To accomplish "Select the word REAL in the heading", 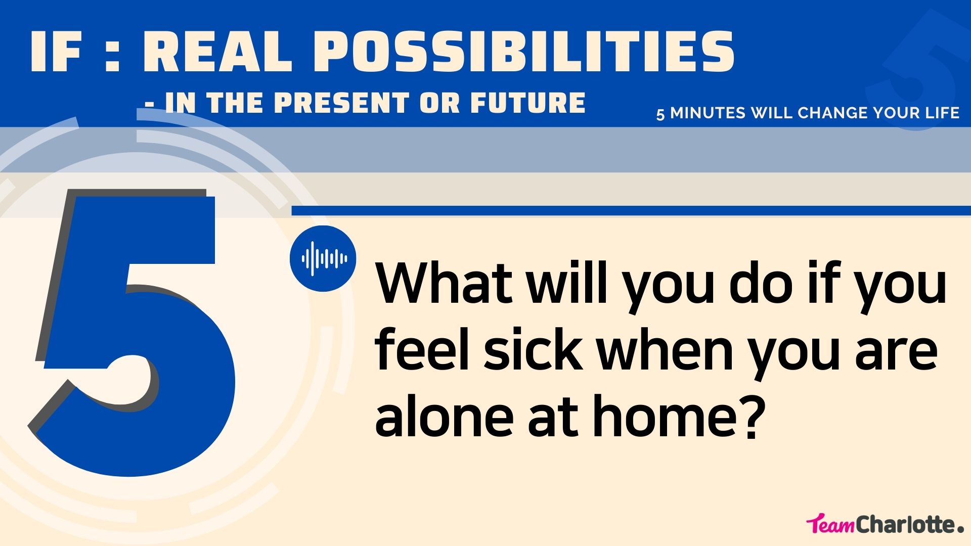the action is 218,52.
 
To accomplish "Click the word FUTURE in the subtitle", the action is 528,103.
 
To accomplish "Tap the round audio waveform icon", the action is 323,258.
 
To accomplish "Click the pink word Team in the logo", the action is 831,525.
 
